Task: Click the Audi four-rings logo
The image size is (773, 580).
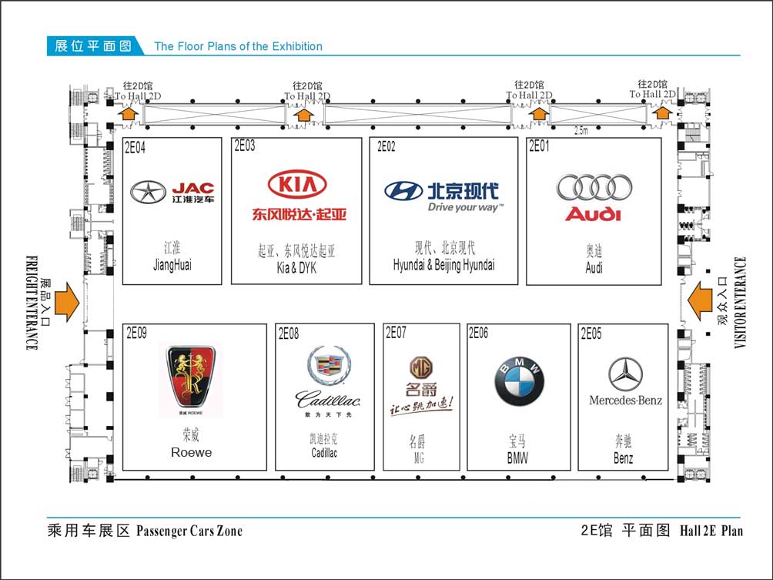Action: pyautogui.click(x=594, y=186)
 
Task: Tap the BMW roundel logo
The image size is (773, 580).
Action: pyautogui.click(x=519, y=383)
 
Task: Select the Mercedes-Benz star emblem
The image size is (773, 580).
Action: pyautogui.click(x=625, y=375)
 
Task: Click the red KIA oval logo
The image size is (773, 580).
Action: pyautogui.click(x=297, y=185)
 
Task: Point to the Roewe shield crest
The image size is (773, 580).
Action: pyautogui.click(x=192, y=377)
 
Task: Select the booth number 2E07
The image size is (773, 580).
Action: pyautogui.click(x=396, y=333)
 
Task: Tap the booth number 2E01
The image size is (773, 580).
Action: pyautogui.click(x=539, y=146)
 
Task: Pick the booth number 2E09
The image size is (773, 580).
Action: pyautogui.click(x=136, y=333)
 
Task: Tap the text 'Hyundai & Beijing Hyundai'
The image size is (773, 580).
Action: pyautogui.click(x=443, y=265)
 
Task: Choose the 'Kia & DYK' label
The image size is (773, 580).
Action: pyautogui.click(x=296, y=268)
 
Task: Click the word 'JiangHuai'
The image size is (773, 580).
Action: pyautogui.click(x=172, y=266)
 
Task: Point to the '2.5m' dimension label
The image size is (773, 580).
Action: pyautogui.click(x=581, y=130)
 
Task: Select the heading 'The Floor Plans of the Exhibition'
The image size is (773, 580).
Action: pyautogui.click(x=239, y=46)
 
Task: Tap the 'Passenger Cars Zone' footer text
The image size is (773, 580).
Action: pyautogui.click(x=189, y=531)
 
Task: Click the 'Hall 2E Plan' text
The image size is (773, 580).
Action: pyautogui.click(x=711, y=531)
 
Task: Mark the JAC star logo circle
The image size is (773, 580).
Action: pyautogui.click(x=148, y=192)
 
